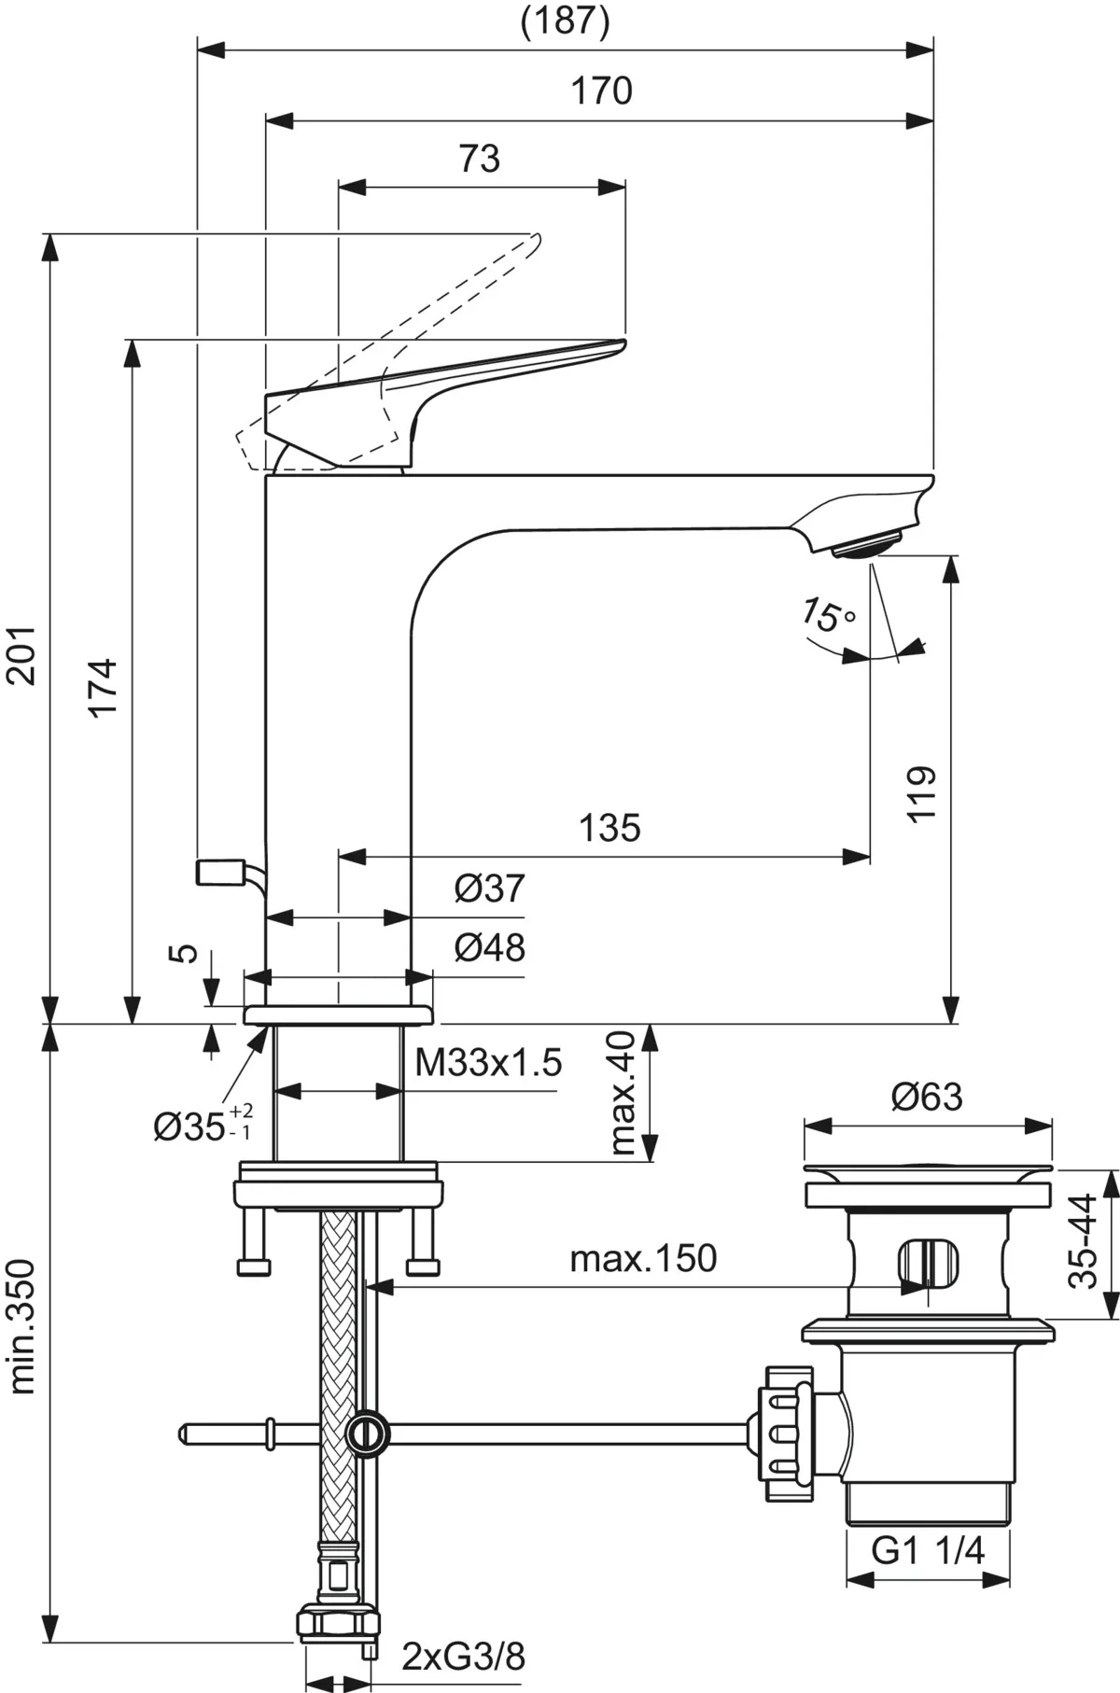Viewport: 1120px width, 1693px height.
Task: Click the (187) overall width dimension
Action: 565,21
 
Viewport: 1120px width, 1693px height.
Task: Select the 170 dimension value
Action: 602,91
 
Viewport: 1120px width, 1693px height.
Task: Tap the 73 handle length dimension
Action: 480,159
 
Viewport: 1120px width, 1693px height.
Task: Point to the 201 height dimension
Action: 22,655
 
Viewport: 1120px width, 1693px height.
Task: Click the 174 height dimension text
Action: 103,688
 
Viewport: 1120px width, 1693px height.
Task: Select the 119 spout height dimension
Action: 921,793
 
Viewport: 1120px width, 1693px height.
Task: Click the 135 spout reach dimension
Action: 609,827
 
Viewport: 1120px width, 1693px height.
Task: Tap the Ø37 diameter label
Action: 490,888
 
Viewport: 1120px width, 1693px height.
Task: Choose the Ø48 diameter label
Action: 490,948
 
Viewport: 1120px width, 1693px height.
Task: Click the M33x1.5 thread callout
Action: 488,1062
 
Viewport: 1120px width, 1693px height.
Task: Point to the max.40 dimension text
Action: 620,1093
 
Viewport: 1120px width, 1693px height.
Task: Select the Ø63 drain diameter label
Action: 926,1097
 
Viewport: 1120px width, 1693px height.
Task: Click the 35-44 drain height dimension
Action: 1084,1241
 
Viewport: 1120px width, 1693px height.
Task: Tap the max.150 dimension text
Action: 643,1258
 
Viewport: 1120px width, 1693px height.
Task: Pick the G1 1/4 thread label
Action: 928,1550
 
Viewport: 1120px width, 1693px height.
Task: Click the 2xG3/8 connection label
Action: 464,1657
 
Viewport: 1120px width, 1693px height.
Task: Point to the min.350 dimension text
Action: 22,1326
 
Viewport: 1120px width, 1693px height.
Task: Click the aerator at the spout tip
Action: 867,546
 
